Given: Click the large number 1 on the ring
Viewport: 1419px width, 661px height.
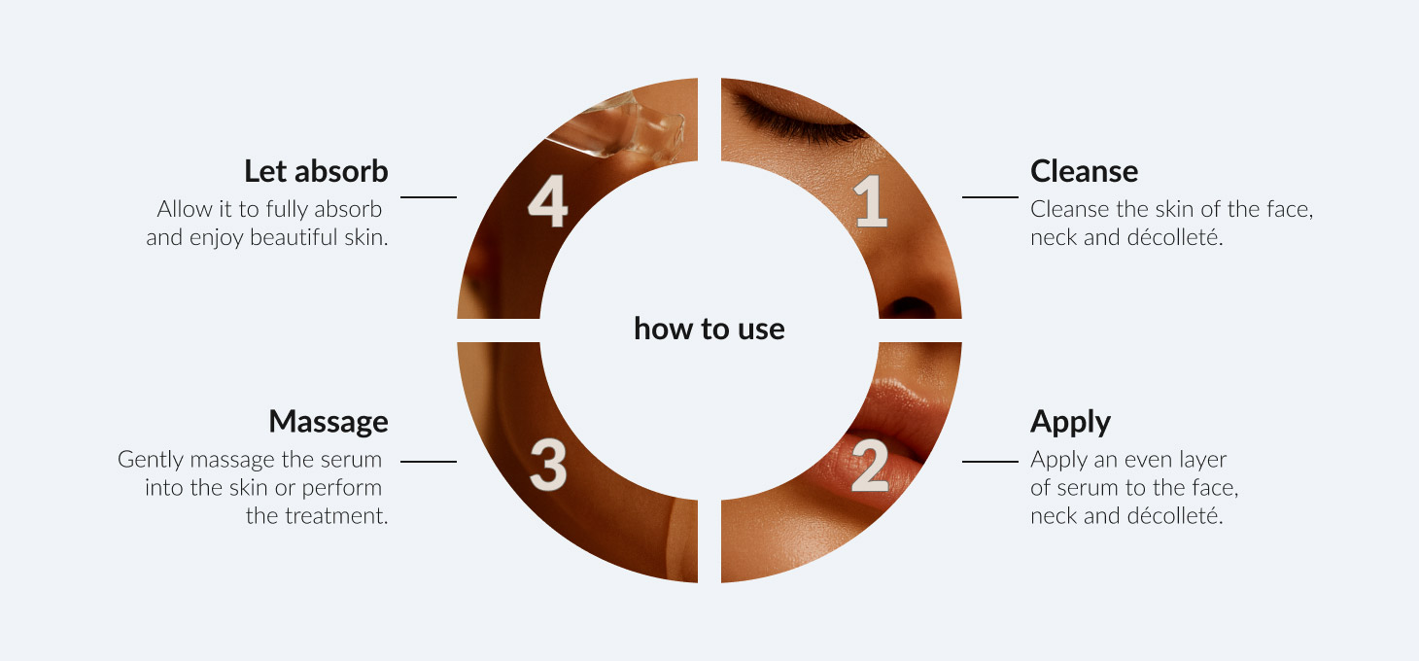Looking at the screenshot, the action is click(872, 200).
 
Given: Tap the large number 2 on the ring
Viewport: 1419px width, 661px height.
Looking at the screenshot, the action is click(870, 466).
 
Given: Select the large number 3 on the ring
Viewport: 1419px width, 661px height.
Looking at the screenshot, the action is click(548, 466).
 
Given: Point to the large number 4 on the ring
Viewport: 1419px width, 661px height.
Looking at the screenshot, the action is click(548, 200).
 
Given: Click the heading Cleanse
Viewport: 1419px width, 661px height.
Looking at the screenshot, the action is click(1084, 171).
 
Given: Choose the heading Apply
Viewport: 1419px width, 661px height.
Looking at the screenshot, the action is click(1070, 423).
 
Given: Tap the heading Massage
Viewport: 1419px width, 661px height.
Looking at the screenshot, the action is click(329, 423).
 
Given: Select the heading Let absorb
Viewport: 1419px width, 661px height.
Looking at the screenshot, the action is click(316, 171).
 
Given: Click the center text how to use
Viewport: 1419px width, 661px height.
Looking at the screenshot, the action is click(709, 329).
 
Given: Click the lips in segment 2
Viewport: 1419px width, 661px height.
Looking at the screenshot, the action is click(886, 437).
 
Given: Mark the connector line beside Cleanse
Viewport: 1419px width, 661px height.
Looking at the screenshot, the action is click(990, 197).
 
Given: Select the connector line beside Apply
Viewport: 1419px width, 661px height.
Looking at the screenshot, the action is click(990, 462).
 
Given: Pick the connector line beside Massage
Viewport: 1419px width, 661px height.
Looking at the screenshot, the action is click(429, 462).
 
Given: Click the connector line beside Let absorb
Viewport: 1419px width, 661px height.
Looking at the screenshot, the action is click(429, 197).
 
